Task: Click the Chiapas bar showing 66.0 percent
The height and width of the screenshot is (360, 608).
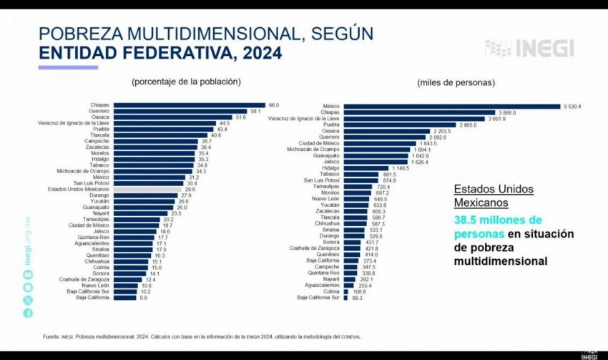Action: click(190, 105)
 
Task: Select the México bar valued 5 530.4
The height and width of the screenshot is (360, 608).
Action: click(451, 106)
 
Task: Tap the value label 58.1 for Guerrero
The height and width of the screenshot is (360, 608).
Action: click(255, 112)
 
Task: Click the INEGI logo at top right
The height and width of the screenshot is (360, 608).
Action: click(529, 49)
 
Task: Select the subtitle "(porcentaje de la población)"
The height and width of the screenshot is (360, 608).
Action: click(186, 82)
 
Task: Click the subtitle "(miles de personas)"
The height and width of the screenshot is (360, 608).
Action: click(456, 83)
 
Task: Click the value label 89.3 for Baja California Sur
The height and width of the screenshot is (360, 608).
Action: click(358, 298)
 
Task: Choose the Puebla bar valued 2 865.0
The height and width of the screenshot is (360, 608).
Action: click(400, 125)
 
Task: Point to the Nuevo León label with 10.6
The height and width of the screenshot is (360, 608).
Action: click(94, 286)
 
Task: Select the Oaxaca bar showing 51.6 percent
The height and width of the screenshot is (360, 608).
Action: click(173, 117)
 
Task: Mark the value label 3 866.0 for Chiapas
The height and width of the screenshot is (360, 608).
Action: click(507, 112)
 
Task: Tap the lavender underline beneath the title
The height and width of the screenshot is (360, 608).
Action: click(68, 67)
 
